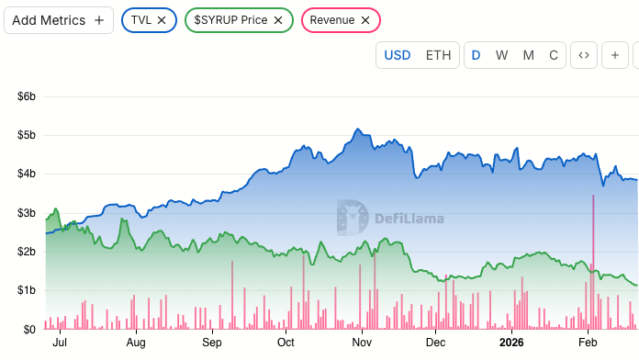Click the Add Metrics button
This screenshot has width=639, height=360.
59,19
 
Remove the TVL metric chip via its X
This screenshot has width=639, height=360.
162,19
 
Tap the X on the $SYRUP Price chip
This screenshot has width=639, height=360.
278,19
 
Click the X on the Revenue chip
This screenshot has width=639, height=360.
365,19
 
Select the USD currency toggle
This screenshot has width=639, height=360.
397,55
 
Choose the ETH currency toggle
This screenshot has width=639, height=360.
438,55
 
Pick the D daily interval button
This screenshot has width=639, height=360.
476,55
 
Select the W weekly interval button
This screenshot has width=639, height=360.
501,55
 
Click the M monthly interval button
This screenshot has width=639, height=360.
528,55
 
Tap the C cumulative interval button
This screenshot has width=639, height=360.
553,55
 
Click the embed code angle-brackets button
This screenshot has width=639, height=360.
582,55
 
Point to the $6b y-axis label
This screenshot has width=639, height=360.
23,96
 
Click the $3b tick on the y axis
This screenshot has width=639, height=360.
23,213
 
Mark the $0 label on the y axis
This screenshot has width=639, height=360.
28,329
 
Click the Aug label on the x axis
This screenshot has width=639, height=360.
136,343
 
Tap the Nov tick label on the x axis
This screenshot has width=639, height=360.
362,343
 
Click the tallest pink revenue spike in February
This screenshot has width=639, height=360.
594,257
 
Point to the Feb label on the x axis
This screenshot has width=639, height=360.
588,343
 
